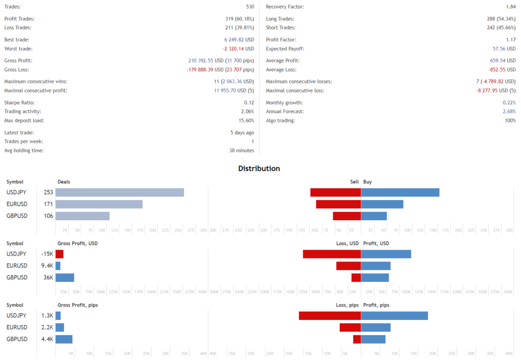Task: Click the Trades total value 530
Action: click(x=249, y=7)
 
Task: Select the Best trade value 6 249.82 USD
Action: click(x=236, y=40)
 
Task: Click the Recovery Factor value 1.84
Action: click(x=510, y=7)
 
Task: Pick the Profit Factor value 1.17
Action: click(x=510, y=40)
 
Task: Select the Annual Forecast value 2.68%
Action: click(x=509, y=111)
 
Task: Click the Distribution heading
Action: click(x=259, y=168)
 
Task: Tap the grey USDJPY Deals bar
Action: click(x=120, y=192)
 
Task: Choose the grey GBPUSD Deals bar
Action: click(x=82, y=216)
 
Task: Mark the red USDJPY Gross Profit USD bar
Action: click(x=60, y=254)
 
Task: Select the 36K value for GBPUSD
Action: click(x=48, y=277)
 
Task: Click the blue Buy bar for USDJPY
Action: click(x=400, y=192)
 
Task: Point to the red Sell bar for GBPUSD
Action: click(x=346, y=216)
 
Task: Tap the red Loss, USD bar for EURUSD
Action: click(x=349, y=265)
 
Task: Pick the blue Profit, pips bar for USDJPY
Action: click(x=394, y=315)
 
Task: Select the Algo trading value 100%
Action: click(x=509, y=121)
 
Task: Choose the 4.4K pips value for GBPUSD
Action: click(x=47, y=339)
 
